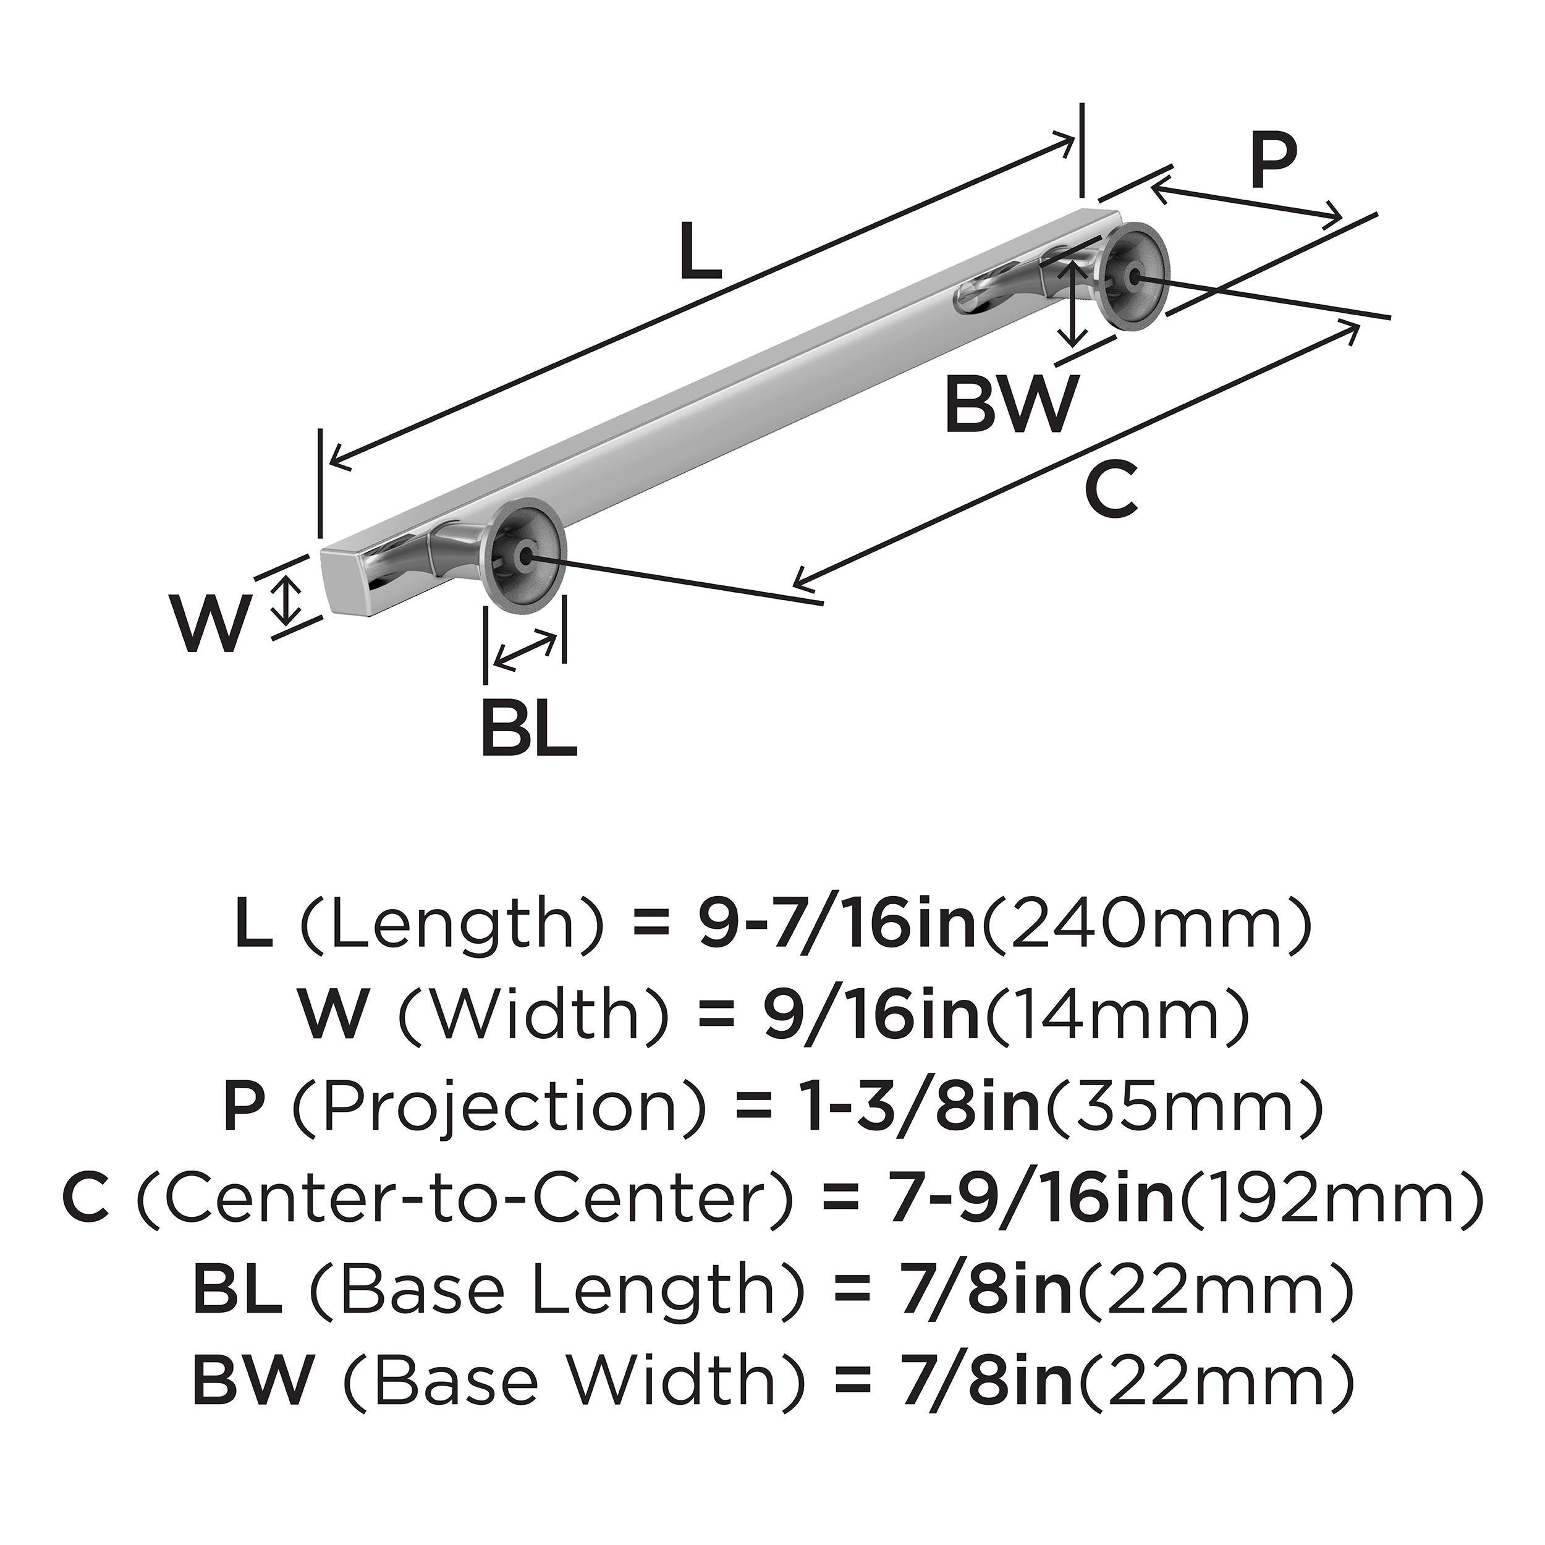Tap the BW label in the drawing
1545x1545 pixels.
[x=1010, y=405]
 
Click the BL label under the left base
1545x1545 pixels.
[x=528, y=728]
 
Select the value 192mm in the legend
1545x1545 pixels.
[x=1328, y=1200]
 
